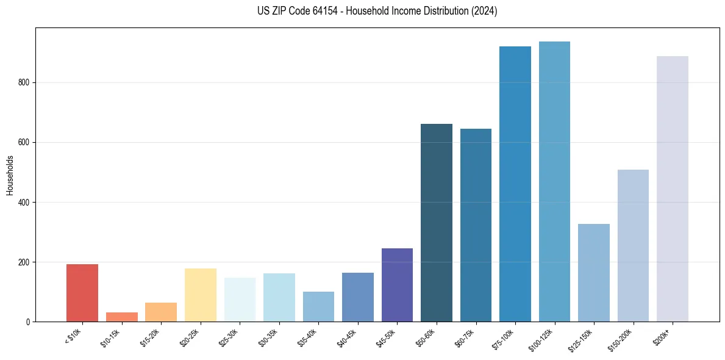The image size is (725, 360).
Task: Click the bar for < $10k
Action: [x=82, y=293]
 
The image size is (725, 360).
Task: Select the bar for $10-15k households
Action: [x=122, y=317]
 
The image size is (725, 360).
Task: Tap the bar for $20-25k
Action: [x=201, y=295]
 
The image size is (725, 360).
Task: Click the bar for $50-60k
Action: [x=437, y=223]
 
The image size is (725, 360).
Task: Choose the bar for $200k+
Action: [x=673, y=189]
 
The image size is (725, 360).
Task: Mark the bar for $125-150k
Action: [x=594, y=273]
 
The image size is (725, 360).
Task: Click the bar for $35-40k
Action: [x=318, y=306]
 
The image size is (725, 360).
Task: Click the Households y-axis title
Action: [x=10, y=175]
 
